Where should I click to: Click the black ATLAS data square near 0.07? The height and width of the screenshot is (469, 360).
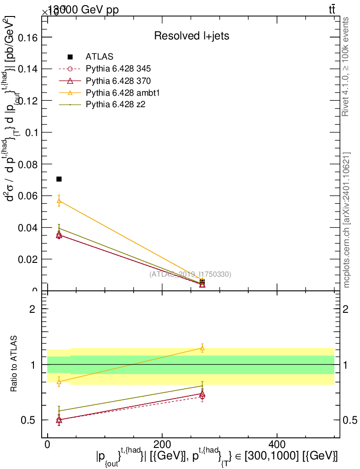click(x=59, y=179)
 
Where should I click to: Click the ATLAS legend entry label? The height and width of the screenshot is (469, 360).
click(x=99, y=57)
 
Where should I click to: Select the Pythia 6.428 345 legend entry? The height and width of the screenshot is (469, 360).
click(x=118, y=69)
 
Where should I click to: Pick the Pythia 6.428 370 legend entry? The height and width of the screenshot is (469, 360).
click(x=118, y=81)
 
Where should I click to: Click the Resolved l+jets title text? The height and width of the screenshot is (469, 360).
click(x=191, y=36)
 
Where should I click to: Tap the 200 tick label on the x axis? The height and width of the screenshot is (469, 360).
click(x=162, y=445)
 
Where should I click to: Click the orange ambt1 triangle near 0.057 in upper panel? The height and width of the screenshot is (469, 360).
click(x=59, y=201)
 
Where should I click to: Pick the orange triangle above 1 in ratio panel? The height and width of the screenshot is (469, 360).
click(x=202, y=348)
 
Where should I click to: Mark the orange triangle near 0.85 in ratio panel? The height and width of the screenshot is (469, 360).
click(x=59, y=381)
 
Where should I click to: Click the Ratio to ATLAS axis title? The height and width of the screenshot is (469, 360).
click(x=15, y=365)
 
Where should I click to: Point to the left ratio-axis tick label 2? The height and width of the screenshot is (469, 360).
click(x=32, y=309)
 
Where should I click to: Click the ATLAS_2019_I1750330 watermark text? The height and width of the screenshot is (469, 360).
click(x=190, y=274)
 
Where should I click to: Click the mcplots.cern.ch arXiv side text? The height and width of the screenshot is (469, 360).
click(x=347, y=220)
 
